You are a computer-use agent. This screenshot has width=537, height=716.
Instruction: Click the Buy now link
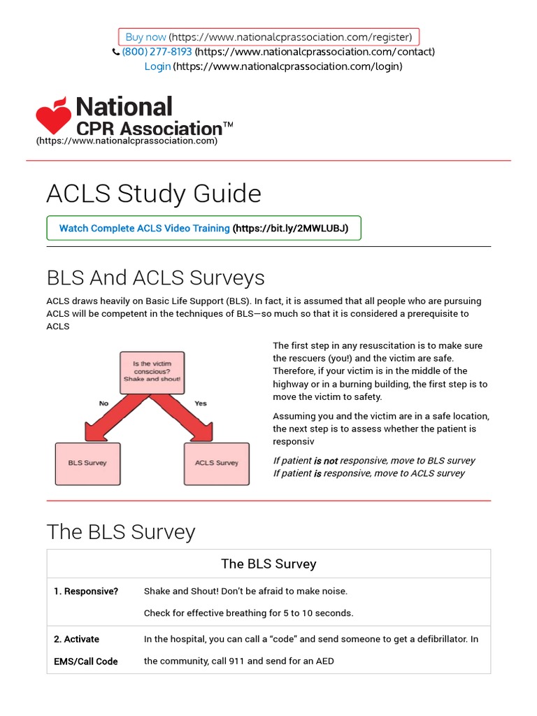click(145, 37)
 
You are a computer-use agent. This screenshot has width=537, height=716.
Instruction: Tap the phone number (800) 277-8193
click(157, 52)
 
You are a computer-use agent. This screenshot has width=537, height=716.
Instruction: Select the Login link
click(157, 66)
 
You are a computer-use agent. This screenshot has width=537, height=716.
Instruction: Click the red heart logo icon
click(54, 116)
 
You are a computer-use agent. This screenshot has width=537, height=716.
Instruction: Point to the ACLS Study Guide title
click(154, 194)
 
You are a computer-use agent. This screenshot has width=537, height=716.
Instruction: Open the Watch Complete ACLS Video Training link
click(144, 228)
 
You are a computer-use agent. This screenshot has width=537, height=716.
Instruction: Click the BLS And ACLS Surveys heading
click(155, 278)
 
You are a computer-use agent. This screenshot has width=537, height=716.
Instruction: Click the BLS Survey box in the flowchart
click(87, 464)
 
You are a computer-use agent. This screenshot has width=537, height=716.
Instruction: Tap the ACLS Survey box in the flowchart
click(217, 464)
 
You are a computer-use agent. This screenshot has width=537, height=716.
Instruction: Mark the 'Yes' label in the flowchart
click(201, 403)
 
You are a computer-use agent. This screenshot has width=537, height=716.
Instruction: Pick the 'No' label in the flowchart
click(103, 403)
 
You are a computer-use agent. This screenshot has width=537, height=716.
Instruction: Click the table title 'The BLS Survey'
click(268, 564)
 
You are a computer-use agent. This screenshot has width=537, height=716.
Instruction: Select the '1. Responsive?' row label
click(86, 592)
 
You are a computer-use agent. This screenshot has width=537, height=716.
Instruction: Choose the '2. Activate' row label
click(76, 639)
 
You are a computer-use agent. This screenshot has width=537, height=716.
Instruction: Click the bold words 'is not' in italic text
click(325, 461)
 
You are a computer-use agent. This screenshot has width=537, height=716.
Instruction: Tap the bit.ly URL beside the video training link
click(296, 228)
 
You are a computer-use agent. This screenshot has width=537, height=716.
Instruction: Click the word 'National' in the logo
click(124, 107)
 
